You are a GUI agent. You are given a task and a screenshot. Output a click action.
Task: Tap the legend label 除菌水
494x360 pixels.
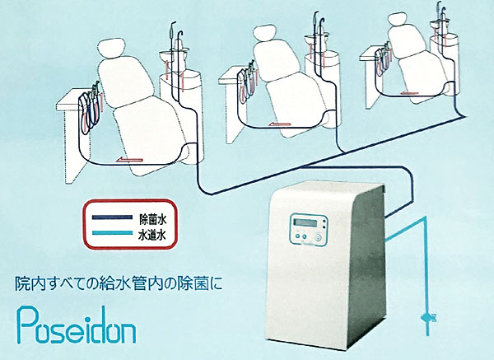pos(153,219)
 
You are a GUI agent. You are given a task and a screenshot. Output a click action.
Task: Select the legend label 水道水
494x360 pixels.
pos(152,235)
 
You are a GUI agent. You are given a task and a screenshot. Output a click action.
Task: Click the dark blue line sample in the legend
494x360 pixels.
pos(112,217)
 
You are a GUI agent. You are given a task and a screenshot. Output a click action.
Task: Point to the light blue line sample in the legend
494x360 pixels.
pos(112,233)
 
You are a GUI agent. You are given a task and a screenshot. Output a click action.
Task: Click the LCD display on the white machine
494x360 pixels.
pos(305,222)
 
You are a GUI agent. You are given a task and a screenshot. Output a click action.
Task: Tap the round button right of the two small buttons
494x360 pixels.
pos(318,237)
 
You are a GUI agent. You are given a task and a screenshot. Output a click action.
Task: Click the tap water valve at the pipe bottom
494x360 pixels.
pos(427,316)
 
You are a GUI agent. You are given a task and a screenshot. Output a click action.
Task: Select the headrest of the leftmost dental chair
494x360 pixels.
pos(110,49)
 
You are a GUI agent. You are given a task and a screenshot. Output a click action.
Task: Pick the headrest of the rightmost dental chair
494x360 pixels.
pos(397,20)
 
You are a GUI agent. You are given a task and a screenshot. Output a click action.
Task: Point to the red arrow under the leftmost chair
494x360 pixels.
pos(129,160)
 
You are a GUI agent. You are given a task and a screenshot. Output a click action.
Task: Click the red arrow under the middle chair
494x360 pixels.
pos(281,124)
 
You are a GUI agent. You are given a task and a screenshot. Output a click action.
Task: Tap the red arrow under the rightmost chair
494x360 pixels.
pos(409,93)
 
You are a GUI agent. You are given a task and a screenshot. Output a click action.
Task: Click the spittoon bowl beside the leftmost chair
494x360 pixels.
pos(175,54)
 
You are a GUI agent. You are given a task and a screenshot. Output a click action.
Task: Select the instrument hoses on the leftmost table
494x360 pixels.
pos(91,109)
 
